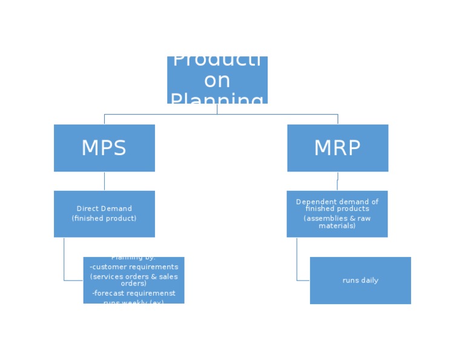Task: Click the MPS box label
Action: pos(104,148)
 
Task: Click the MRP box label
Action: pos(337,148)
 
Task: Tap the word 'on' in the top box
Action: pos(217,80)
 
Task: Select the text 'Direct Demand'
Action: pos(104,208)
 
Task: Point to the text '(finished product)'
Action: pos(104,218)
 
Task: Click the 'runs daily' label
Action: pos(360,281)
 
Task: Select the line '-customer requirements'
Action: pos(134,267)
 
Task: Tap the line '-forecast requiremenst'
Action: pos(134,293)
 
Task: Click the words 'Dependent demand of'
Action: pos(337,202)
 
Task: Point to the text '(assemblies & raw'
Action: pos(337,218)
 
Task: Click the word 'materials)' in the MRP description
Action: pos(337,225)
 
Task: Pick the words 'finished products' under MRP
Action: pos(337,208)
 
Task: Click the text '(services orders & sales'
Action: pos(134,276)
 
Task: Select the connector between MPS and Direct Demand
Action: pos(104,181)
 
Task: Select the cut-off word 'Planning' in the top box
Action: pos(217,99)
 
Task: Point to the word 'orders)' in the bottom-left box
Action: pos(134,284)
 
